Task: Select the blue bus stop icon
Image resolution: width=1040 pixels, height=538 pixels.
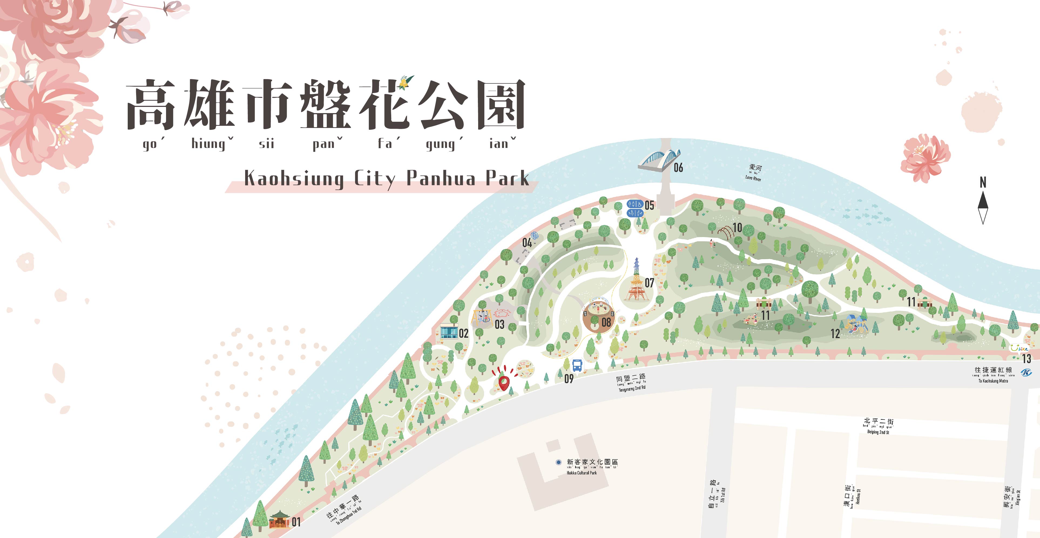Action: [577, 365]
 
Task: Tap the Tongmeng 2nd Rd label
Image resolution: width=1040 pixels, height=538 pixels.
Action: [631, 383]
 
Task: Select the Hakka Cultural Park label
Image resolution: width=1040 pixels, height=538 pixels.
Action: [592, 466]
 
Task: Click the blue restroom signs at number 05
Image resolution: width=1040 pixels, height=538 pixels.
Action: [635, 208]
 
